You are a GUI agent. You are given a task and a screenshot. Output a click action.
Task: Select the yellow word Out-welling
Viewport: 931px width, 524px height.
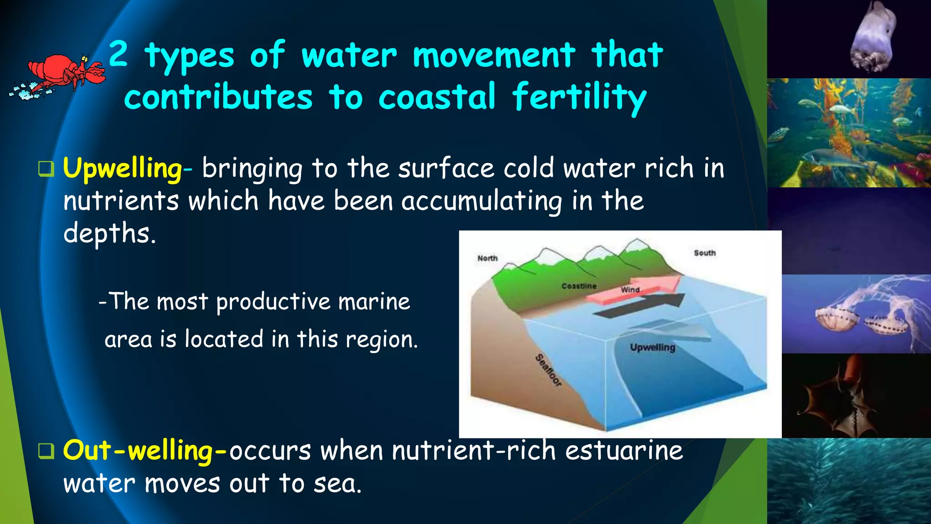click(138, 451)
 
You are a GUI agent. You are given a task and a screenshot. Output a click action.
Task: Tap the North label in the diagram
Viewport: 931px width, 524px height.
click(487, 258)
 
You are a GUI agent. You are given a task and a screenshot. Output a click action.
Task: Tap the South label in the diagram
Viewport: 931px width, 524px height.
click(705, 253)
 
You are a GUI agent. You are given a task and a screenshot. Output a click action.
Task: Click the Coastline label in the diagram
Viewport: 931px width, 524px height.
click(579, 286)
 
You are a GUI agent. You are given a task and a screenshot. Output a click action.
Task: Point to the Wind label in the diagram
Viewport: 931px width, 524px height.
click(630, 290)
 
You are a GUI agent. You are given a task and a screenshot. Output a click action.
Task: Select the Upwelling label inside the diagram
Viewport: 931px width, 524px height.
click(652, 348)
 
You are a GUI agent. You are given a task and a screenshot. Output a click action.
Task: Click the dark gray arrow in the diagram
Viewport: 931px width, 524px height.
click(646, 306)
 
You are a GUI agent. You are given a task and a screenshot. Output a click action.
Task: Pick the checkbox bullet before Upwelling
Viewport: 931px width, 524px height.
click(46, 169)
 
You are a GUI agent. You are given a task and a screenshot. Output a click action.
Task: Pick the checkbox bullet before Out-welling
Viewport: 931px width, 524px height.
click(46, 451)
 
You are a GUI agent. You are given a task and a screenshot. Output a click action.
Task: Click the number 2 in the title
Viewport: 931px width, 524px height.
click(118, 54)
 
